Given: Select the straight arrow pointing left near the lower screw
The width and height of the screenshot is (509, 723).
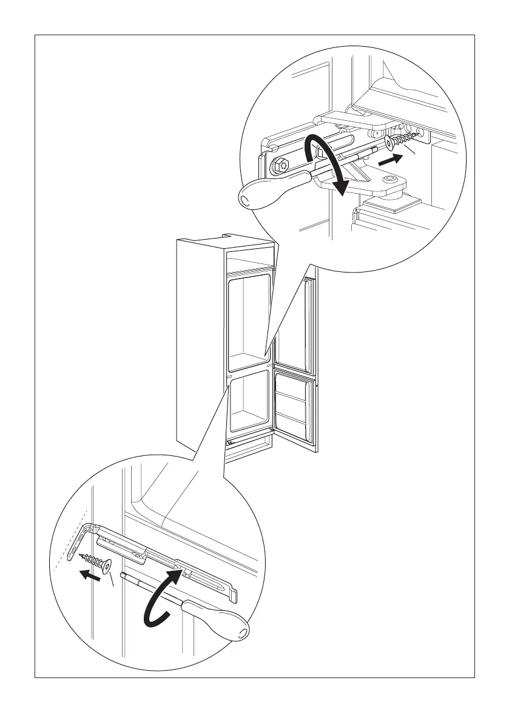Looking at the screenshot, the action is click(x=90, y=575).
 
